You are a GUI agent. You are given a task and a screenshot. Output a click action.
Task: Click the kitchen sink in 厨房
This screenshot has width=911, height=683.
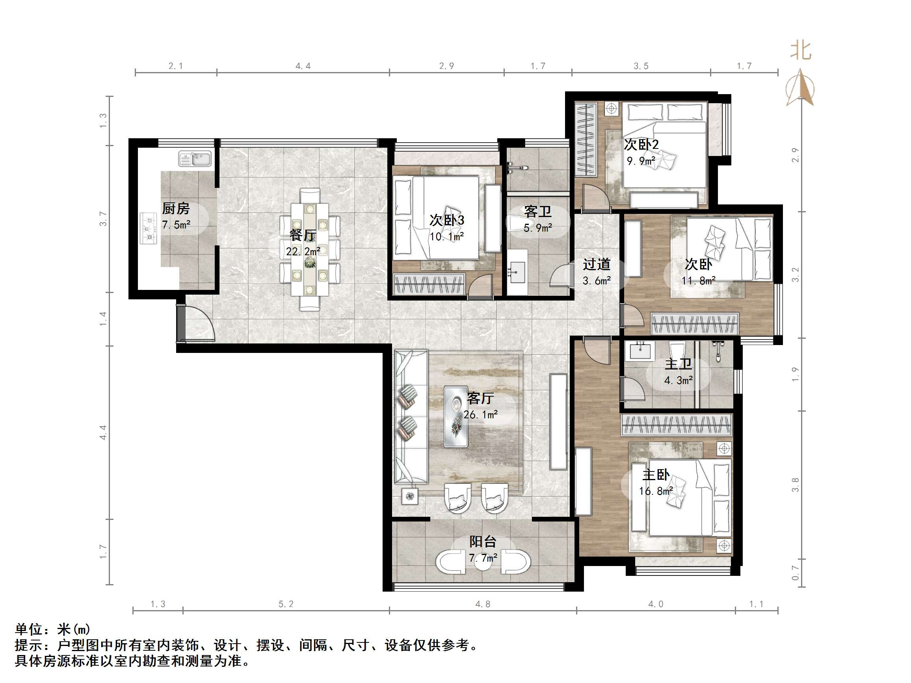(195, 158)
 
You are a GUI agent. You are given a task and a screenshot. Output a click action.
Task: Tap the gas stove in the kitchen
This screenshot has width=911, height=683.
(148, 228)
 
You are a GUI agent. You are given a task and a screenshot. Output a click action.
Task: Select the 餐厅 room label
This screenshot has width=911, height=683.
(303, 236)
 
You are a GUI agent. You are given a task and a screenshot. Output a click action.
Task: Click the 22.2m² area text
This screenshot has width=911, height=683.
(303, 251)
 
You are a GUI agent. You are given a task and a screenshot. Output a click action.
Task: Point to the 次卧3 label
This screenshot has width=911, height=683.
(447, 220)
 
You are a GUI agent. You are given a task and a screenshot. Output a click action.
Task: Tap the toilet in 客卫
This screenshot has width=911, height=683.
(518, 224)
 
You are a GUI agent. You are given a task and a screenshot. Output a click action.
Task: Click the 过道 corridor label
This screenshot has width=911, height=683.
(596, 264)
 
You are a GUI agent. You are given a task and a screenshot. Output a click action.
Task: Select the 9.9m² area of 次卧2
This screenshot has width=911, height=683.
(641, 161)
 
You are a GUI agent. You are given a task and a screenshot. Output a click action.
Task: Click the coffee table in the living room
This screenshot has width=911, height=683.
(456, 417)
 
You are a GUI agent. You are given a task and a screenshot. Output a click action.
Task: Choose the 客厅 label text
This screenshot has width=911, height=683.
(480, 398)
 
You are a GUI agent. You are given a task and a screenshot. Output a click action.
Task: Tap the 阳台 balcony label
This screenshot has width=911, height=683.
(483, 542)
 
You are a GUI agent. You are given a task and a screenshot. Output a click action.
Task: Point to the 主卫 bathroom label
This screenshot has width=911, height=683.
(678, 364)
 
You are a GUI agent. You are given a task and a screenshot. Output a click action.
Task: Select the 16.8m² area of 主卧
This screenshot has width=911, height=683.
(656, 491)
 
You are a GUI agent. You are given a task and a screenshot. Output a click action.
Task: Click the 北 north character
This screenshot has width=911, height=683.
(800, 51)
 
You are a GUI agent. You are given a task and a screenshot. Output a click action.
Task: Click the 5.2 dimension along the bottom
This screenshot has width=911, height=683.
(286, 604)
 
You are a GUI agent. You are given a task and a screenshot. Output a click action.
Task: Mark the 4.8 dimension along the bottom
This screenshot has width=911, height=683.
(483, 604)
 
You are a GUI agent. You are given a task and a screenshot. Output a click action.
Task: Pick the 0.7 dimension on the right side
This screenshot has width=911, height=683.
(795, 573)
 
